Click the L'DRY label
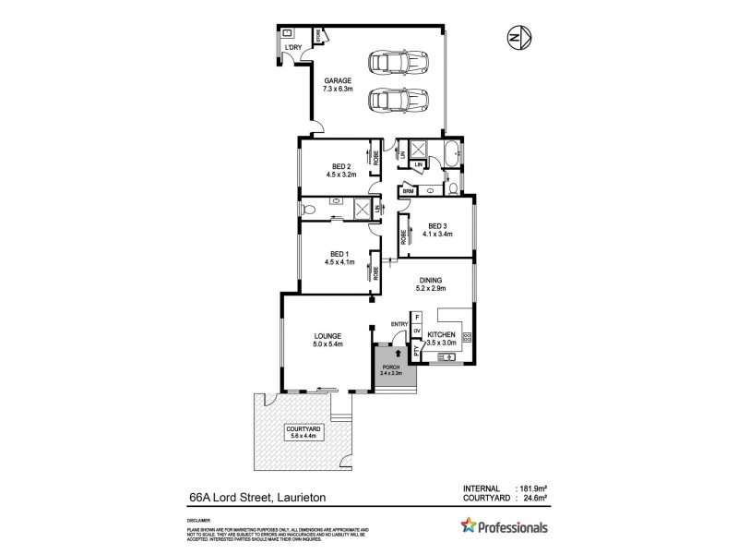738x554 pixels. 293,47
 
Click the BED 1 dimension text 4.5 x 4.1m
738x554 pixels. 339,261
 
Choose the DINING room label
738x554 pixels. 431,279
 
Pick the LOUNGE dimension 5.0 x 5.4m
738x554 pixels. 327,344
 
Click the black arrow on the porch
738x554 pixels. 398,352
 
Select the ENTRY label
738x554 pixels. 399,323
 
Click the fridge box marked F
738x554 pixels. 417,317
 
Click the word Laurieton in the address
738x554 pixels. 308,500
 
